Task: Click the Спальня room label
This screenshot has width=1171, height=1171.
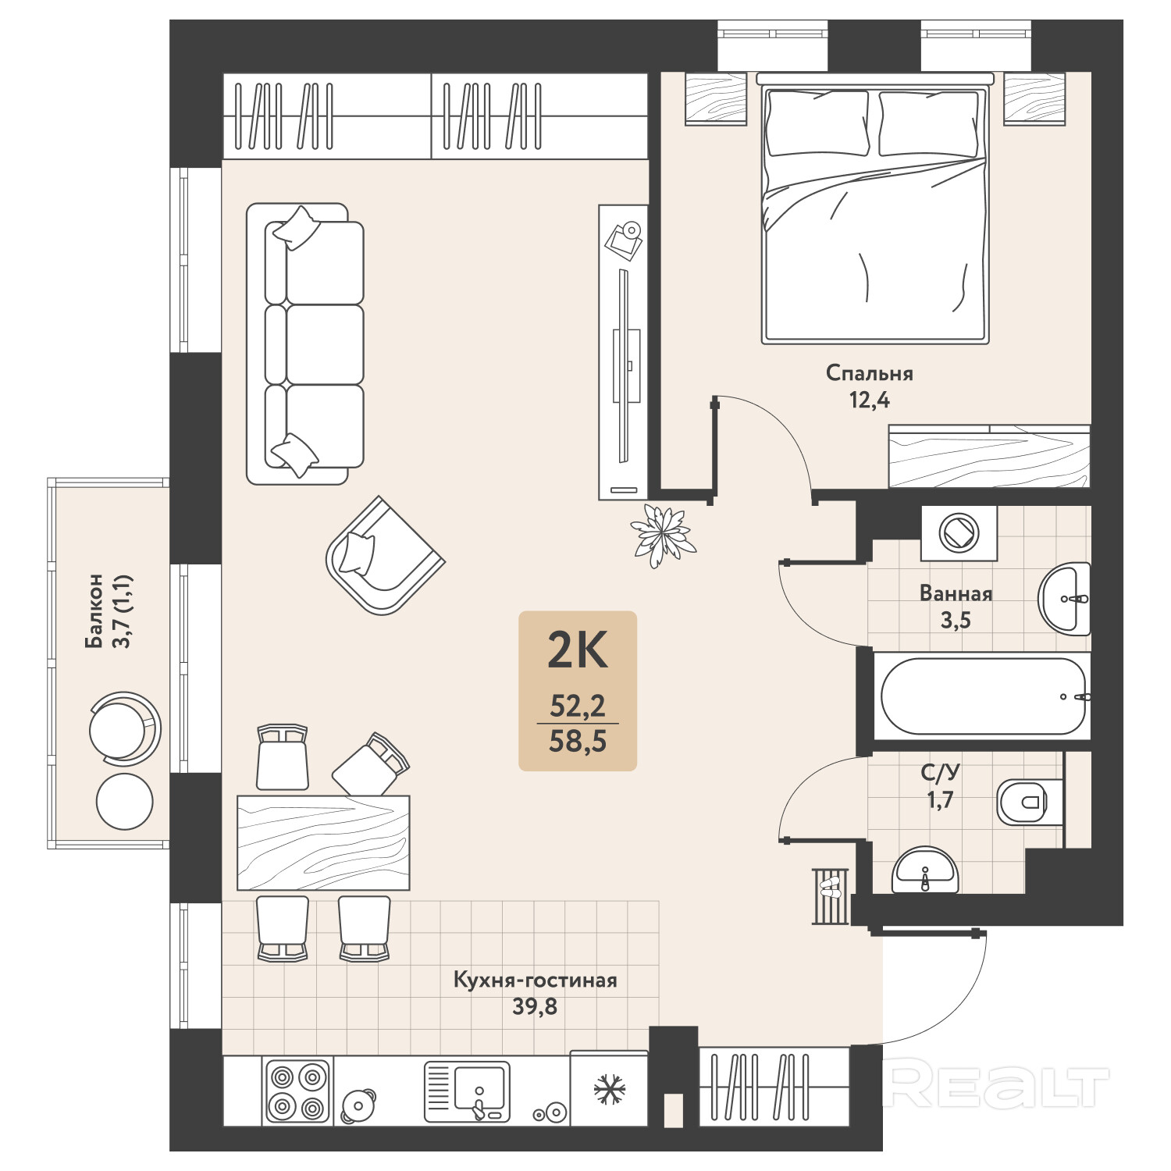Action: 869,373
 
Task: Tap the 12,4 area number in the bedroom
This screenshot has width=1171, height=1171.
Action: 869,400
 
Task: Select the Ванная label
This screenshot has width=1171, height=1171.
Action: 956,593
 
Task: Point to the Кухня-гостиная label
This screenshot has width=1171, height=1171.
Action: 535,981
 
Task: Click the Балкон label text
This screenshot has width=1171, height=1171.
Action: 94,611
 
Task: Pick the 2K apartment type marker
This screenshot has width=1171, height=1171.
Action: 578,650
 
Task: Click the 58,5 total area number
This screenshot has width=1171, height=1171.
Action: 578,741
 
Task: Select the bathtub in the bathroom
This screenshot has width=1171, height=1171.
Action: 983,696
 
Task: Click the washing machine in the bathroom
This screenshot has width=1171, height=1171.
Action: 959,533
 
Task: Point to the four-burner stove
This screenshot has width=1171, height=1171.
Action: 297,1091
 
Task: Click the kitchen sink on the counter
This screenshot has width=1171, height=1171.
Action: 467,1091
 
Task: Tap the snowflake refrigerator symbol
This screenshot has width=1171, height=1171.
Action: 609,1090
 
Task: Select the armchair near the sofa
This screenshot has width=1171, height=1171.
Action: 385,555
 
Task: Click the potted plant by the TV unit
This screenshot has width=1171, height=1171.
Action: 663,536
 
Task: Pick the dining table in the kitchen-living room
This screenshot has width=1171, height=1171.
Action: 323,842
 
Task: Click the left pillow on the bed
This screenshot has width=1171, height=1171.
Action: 817,123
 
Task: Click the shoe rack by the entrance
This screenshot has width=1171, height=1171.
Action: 831,895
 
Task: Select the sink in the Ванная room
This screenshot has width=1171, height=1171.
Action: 1064,599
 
